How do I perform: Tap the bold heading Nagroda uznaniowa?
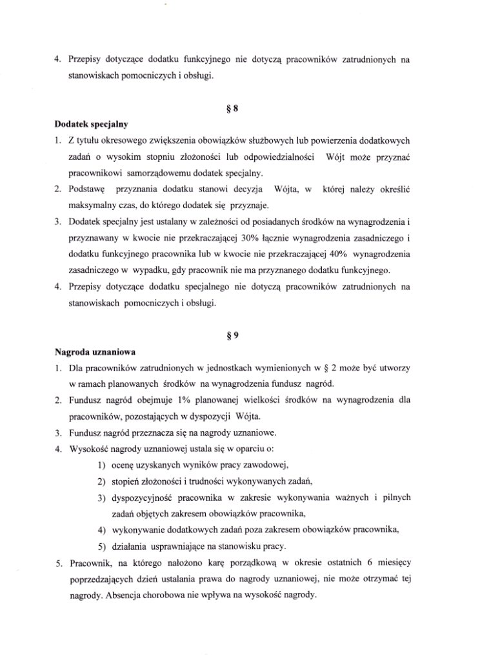91,352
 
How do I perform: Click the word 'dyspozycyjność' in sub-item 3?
146,498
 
